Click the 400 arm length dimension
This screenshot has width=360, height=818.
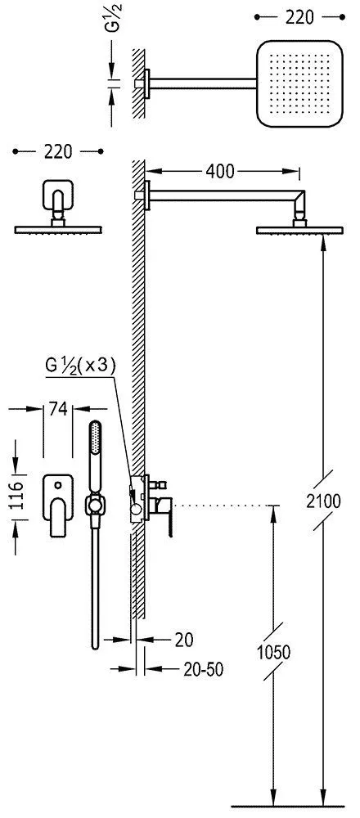[219, 171]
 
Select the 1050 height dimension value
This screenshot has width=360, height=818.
[273, 653]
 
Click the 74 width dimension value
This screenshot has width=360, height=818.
[58, 410]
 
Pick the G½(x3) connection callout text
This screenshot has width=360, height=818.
[80, 365]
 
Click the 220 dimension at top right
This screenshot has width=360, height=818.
[299, 17]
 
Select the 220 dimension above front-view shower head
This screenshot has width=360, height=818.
[57, 152]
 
